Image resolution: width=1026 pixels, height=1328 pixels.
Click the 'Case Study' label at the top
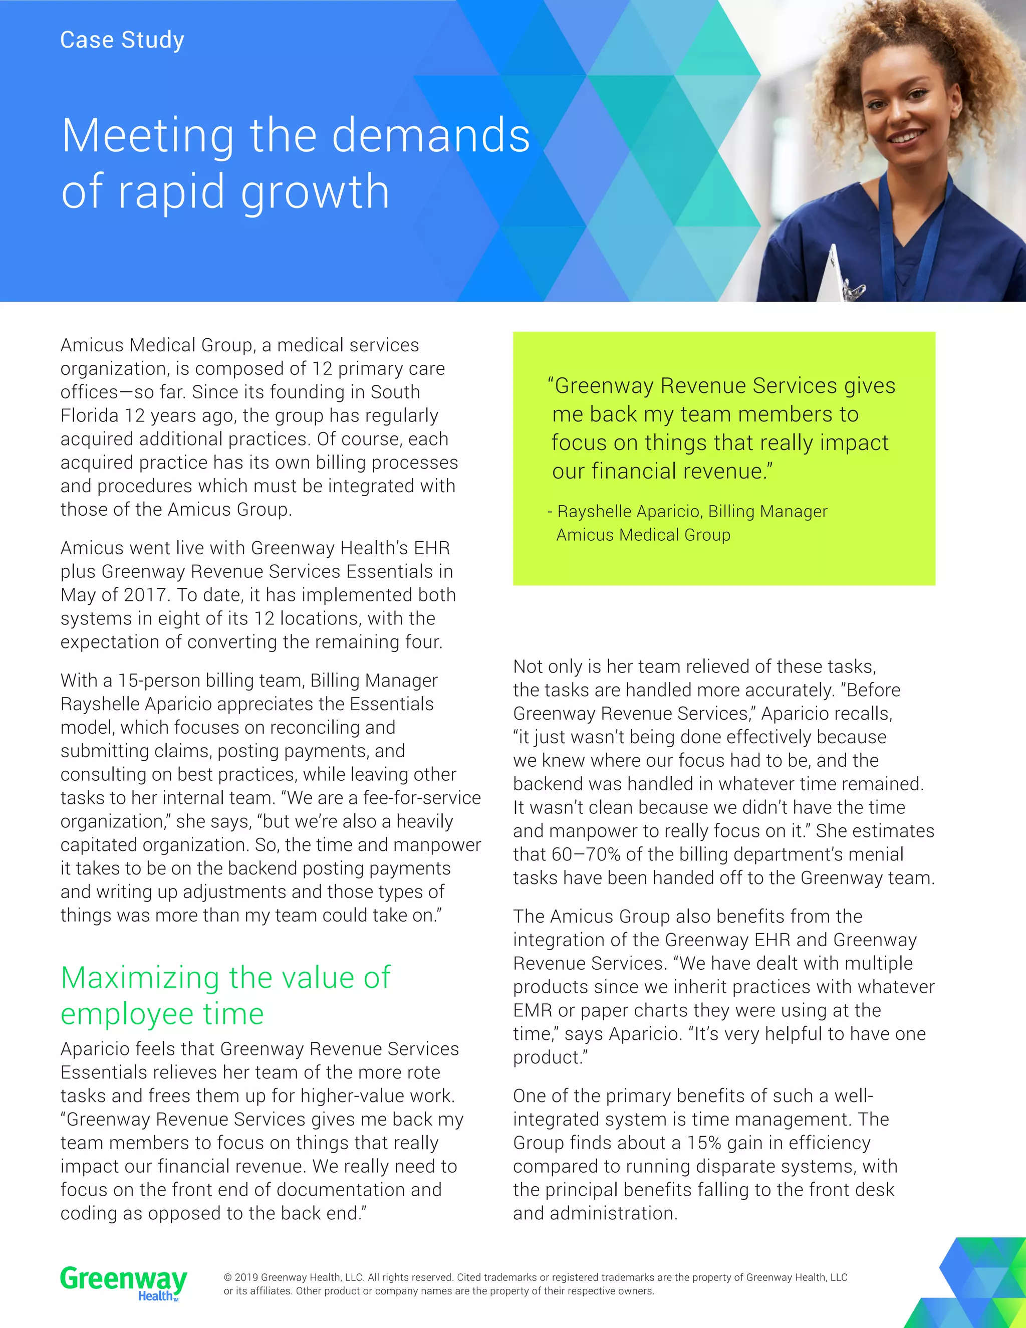pyautogui.click(x=122, y=40)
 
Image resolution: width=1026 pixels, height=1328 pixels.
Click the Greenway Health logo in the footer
pyautogui.click(x=123, y=1282)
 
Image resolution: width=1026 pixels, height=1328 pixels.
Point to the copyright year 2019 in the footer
pyautogui.click(x=246, y=1277)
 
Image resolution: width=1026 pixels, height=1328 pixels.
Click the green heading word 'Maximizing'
pyautogui.click(x=140, y=978)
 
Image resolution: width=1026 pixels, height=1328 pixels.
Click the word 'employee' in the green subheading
pyautogui.click(x=126, y=1014)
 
